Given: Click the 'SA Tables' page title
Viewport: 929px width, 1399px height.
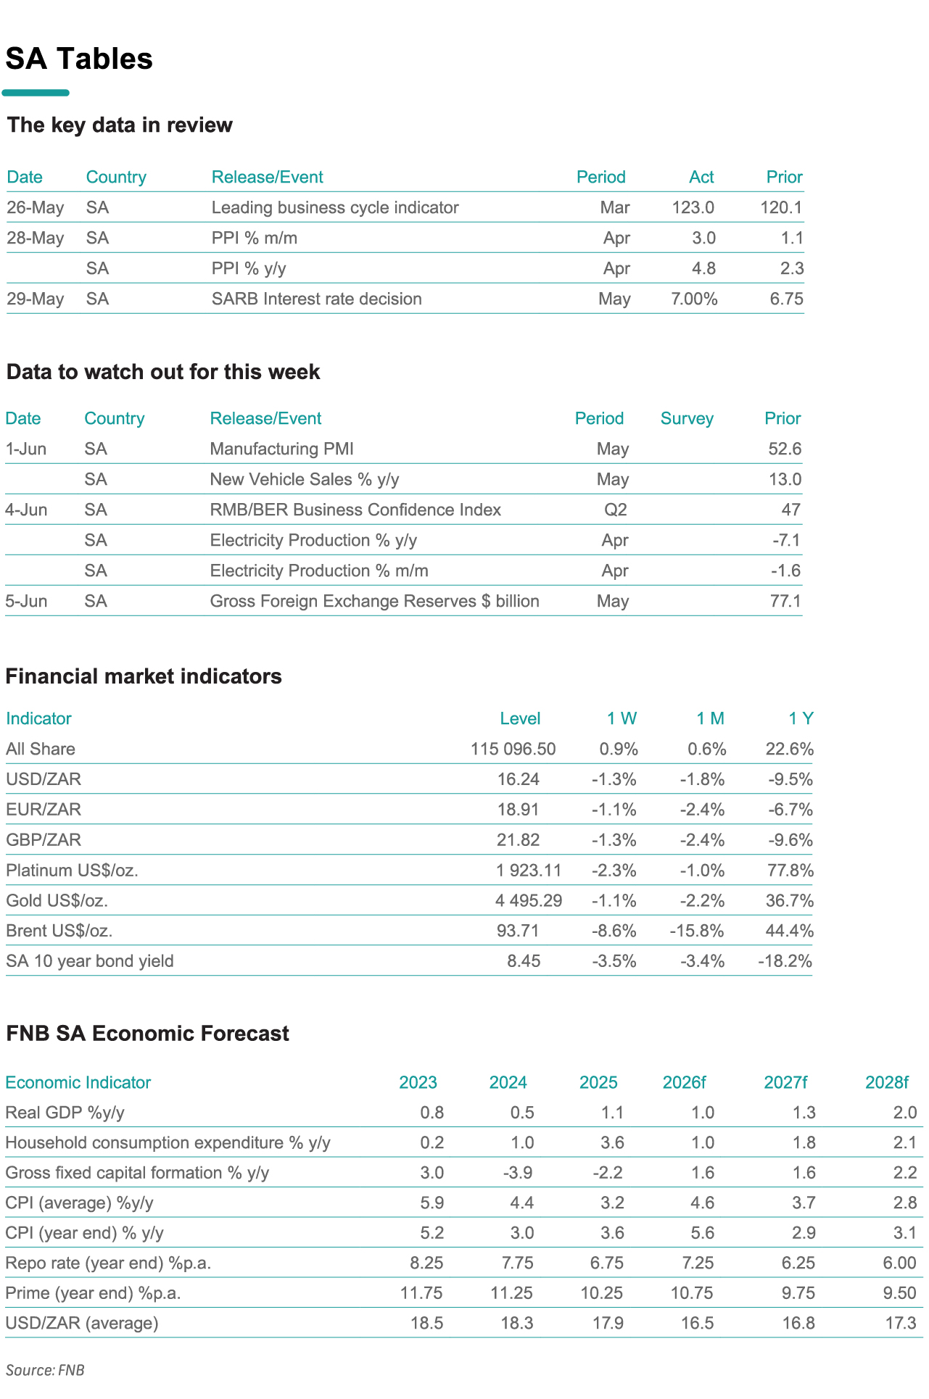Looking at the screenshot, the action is pos(79,59).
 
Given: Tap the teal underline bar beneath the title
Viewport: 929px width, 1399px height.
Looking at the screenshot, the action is pos(36,93).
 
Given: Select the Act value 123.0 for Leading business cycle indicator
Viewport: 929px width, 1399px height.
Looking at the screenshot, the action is pos(693,208).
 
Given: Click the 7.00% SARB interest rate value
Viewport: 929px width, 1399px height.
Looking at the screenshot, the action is pos(695,299).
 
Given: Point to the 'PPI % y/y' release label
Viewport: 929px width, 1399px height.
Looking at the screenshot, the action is pos(249,269).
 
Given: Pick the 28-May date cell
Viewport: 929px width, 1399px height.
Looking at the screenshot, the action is pos(36,238).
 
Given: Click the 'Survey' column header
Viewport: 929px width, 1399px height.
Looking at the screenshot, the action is pos(687,419).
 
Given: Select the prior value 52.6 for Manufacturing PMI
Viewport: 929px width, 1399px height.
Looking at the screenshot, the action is pos(785,449).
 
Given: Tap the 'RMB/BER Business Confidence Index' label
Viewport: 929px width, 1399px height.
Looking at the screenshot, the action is pos(355,510).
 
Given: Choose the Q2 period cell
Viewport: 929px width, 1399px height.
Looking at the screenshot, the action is pos(616,510).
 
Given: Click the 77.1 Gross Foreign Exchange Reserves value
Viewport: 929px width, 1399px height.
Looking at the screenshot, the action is pos(785,602).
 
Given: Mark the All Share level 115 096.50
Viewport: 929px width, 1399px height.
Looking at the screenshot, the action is pos(513,750).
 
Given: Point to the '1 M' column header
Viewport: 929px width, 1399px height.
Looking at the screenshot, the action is pos(711,719).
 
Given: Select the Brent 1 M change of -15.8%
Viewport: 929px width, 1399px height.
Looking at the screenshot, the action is pos(697,931).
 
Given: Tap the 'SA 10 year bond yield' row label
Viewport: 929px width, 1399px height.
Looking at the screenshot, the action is pos(90,962).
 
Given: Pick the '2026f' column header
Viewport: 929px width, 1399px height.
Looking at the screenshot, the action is pos(684,1083).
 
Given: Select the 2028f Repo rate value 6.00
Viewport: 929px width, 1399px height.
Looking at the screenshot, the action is pos(899,1263).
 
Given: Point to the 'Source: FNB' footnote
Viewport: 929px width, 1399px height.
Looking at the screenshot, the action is pos(45,1371).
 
